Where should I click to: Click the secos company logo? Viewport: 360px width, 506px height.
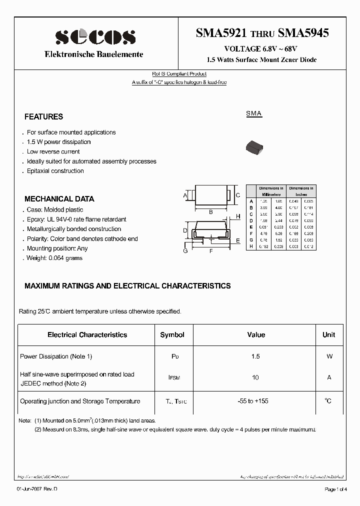tap(95, 36)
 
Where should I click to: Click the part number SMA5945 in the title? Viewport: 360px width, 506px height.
tap(303, 33)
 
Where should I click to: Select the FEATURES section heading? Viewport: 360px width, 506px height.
tap(43, 116)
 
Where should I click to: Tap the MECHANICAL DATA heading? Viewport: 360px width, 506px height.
tap(59, 198)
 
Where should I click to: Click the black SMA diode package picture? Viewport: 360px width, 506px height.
tap(254, 146)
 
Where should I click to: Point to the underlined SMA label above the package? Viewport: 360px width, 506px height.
tap(253, 114)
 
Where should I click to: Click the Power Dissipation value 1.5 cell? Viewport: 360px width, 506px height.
tap(255, 356)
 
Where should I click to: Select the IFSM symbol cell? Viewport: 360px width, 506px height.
tap(172, 378)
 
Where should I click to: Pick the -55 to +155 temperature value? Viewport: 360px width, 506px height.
tap(255, 401)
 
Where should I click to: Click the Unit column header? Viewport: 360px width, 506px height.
tap(328, 334)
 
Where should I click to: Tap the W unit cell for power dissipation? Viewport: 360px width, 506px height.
tap(328, 356)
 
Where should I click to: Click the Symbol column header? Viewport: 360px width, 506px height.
tap(172, 334)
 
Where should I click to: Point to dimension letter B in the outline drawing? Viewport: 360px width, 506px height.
tap(211, 212)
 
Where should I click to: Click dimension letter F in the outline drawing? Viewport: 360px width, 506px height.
tap(211, 250)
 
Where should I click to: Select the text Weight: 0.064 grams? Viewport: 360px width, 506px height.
tap(54, 258)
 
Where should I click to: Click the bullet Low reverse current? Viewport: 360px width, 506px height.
tap(53, 151)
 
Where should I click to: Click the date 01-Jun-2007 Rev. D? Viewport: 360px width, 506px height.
tap(33, 489)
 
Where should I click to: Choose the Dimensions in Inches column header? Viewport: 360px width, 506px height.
tap(301, 191)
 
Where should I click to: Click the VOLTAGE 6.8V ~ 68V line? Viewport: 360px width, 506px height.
tap(260, 49)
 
